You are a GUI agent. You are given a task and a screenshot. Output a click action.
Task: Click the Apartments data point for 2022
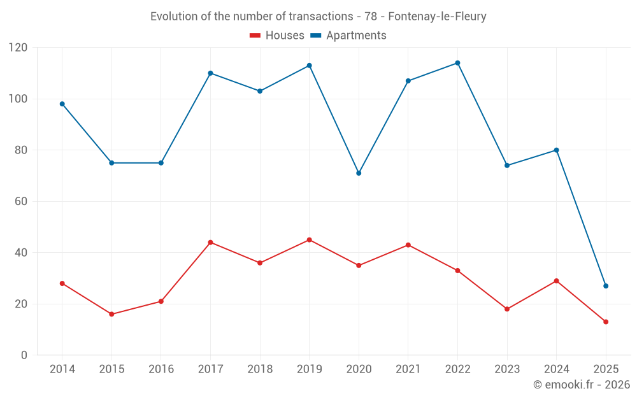pos(457,63)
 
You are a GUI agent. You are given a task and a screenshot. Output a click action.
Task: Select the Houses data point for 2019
pos(309,240)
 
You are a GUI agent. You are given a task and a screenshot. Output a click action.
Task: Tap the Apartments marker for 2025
pos(606,286)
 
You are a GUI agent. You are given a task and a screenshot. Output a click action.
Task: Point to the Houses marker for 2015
pos(111,314)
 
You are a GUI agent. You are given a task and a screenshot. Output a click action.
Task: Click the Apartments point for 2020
pos(359,173)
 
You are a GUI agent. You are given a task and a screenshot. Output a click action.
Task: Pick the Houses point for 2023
pos(507,309)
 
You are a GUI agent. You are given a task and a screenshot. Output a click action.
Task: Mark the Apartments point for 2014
pos(62,104)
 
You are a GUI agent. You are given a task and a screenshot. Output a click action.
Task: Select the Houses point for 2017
pos(210,243)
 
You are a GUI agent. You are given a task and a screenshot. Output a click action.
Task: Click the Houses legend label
pos(285,36)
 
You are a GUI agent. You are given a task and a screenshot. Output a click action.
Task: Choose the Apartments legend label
pos(356,36)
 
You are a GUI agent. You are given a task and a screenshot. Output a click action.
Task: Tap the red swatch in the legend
pos(255,36)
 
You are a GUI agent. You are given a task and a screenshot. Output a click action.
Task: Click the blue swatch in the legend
pos(315,36)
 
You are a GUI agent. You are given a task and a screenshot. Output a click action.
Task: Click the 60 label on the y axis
pos(22,201)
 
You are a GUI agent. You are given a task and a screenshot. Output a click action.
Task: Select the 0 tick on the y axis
pos(25,355)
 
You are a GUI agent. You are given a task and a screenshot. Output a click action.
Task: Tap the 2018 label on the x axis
pos(260,369)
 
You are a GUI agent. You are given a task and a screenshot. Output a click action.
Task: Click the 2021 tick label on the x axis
pos(408,369)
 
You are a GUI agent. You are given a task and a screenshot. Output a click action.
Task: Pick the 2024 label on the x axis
pos(556,369)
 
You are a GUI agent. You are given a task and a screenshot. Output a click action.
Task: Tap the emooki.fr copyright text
pos(582,385)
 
